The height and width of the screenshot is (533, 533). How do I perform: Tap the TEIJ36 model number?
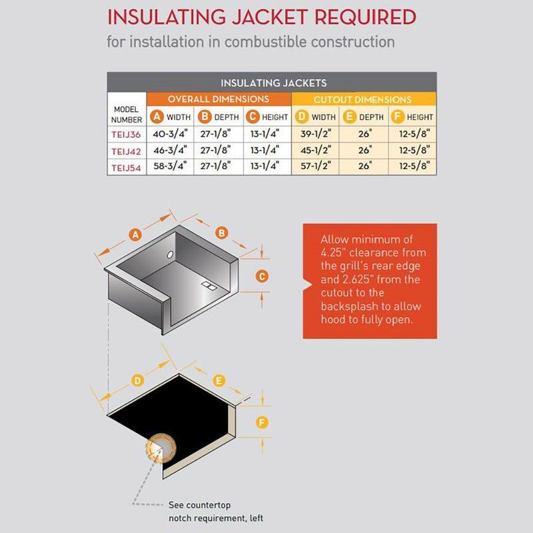click(125, 134)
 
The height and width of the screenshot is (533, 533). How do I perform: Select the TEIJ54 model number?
click(125, 167)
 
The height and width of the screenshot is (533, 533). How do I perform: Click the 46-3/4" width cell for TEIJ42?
click(170, 151)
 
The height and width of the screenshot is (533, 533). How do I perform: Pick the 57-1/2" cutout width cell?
click(315, 167)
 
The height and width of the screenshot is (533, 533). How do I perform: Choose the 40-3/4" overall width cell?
click(170, 134)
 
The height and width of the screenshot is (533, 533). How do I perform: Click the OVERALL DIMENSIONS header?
click(219, 99)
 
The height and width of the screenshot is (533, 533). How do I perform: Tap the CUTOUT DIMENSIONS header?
click(363, 99)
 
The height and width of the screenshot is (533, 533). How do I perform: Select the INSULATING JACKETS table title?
click(273, 83)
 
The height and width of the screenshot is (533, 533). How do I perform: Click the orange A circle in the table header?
click(157, 117)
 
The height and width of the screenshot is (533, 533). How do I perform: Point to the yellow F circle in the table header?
click(398, 117)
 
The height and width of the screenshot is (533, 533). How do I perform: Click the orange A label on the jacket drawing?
click(135, 235)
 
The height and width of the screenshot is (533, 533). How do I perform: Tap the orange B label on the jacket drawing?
click(222, 232)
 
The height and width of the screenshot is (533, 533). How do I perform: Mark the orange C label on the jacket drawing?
click(262, 276)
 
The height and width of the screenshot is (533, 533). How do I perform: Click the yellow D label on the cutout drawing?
click(137, 380)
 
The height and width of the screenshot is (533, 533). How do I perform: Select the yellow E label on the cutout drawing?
click(217, 380)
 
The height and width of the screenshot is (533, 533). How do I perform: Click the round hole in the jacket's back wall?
click(169, 255)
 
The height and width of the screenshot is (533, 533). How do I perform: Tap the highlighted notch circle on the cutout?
click(161, 447)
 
